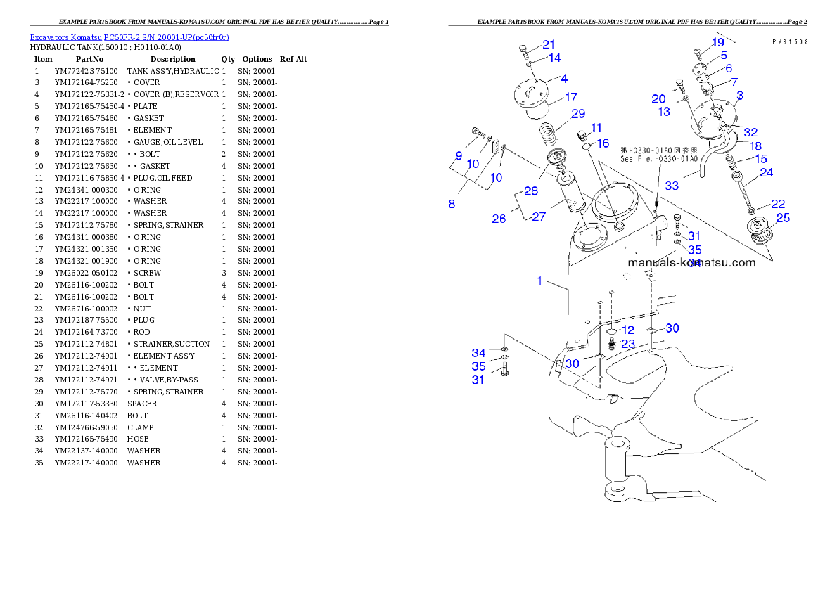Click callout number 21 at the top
[548, 44]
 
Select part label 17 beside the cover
[570, 97]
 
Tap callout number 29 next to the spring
[577, 113]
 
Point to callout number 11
[596, 127]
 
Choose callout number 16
[603, 143]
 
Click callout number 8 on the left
[452, 204]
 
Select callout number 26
[499, 219]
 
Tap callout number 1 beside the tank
[539, 281]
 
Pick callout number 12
[627, 330]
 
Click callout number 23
[627, 344]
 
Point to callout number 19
[717, 42]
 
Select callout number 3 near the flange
[740, 95]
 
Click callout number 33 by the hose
[672, 186]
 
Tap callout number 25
[782, 218]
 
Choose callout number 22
[777, 204]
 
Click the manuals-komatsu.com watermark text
[691, 263]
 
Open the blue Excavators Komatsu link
[129, 37]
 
